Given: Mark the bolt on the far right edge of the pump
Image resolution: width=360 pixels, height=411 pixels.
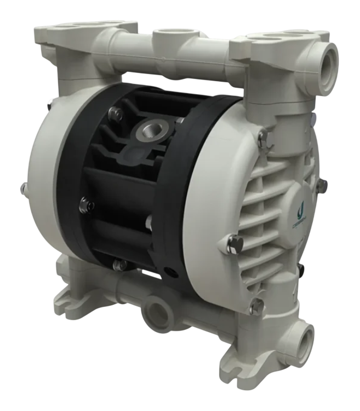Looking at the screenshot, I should [x=321, y=185].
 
